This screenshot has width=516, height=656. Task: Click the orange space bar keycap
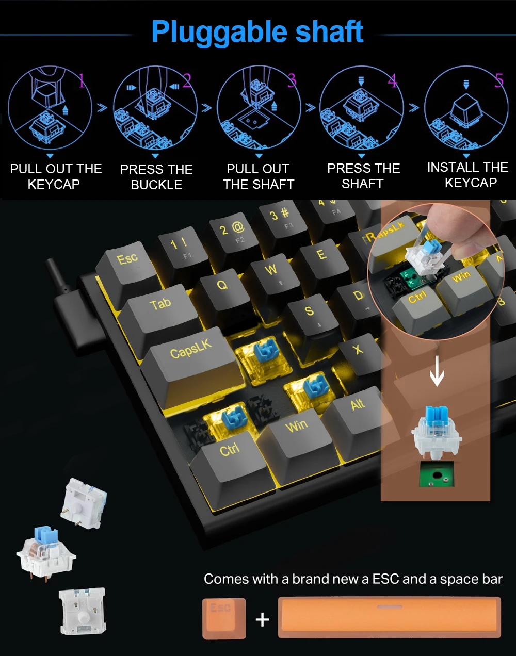click(x=390, y=618)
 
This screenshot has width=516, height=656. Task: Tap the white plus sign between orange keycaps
click(x=262, y=619)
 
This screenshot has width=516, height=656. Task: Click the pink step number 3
click(x=292, y=80)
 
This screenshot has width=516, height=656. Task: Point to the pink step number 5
click(x=499, y=80)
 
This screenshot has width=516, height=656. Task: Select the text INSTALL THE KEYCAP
click(x=468, y=175)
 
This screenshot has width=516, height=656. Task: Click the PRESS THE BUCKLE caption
click(x=156, y=177)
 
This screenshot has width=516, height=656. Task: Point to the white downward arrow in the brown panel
click(x=437, y=371)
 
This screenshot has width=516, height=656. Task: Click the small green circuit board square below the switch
click(x=437, y=474)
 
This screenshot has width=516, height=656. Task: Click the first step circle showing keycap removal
click(x=50, y=107)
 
